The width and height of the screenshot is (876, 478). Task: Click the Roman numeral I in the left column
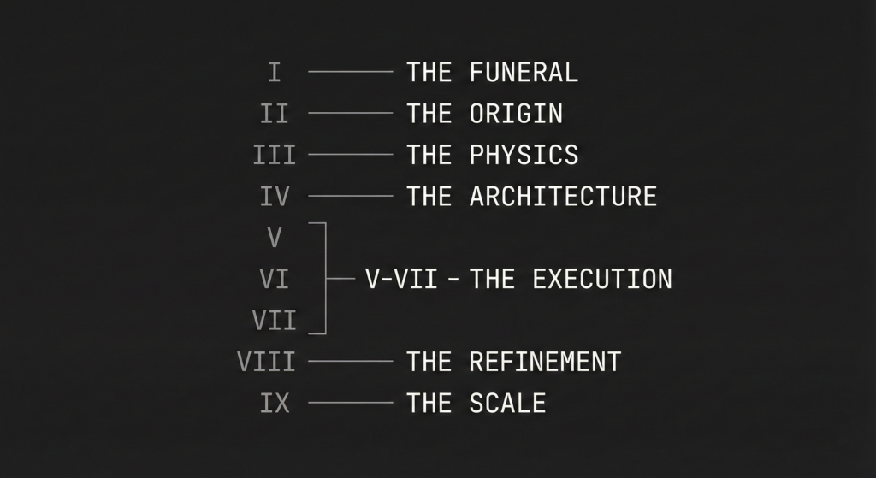coord(275,72)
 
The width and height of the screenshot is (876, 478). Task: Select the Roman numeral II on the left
coord(275,113)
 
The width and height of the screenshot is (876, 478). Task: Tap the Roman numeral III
coord(275,155)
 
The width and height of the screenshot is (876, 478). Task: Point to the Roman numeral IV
coord(275,196)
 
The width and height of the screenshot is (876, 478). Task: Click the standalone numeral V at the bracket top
coord(275,237)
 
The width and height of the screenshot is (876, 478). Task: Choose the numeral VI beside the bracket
coord(275,279)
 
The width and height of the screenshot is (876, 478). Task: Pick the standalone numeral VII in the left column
coord(275,320)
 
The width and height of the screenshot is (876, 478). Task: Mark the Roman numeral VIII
coord(266,361)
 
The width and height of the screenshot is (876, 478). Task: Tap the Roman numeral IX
coord(275,402)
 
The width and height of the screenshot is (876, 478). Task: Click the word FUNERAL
coord(524,72)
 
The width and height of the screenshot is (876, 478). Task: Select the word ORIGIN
coord(516,113)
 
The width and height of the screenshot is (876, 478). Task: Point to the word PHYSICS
coord(524,155)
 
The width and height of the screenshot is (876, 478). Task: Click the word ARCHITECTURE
coord(563,196)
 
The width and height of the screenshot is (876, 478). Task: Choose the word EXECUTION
coord(601,279)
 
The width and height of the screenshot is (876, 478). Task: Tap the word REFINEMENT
coord(545,361)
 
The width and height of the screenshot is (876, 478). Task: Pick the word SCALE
coord(507,402)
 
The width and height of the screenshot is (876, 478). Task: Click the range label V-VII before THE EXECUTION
coord(401,279)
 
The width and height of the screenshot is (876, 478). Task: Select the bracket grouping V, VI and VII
coord(326,279)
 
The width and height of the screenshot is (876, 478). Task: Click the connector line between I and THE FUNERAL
coord(350,72)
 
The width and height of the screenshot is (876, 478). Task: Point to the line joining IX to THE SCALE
coord(350,402)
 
